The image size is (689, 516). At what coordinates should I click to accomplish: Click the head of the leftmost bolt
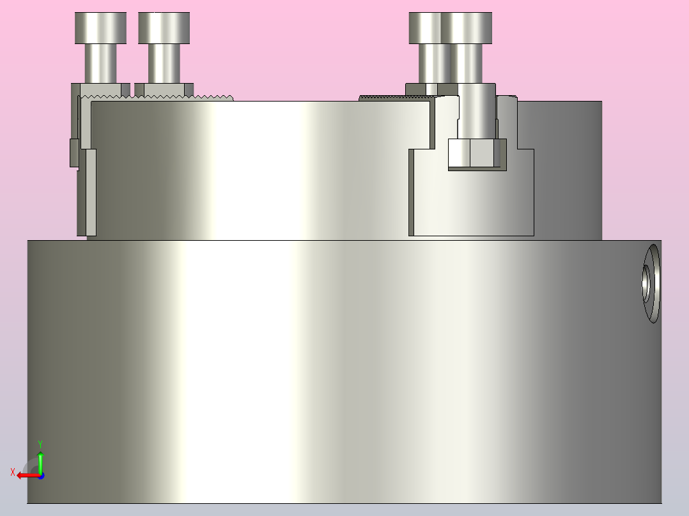100,28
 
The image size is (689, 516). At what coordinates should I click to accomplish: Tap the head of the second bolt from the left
164,28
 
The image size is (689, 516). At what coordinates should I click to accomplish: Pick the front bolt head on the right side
467,28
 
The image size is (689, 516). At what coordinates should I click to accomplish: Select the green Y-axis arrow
40,461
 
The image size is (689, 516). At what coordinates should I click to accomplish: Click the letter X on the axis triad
13,472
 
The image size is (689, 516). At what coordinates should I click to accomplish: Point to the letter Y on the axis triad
40,443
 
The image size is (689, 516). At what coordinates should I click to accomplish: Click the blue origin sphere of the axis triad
40,476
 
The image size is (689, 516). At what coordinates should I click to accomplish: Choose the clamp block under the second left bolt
164,89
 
